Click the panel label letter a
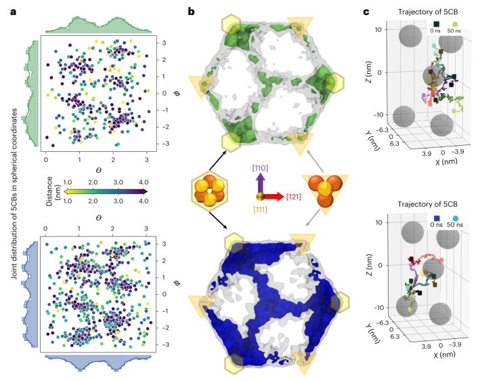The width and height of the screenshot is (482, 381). tap(5, 9)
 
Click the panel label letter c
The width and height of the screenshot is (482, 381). tap(366, 9)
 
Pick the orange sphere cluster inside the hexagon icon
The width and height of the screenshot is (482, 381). tap(209, 191)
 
